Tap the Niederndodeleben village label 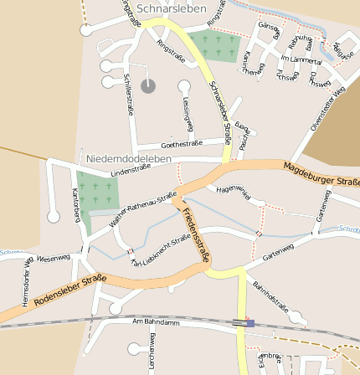[128, 158]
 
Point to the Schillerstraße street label [130, 94]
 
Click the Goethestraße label [182, 143]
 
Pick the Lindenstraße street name [130, 170]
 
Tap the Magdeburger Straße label [321, 174]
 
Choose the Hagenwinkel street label [234, 191]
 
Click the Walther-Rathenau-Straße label [143, 209]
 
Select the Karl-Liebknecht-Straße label [161, 250]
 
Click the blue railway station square [249, 322]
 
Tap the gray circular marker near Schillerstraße [148, 85]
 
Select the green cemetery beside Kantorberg [97, 193]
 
